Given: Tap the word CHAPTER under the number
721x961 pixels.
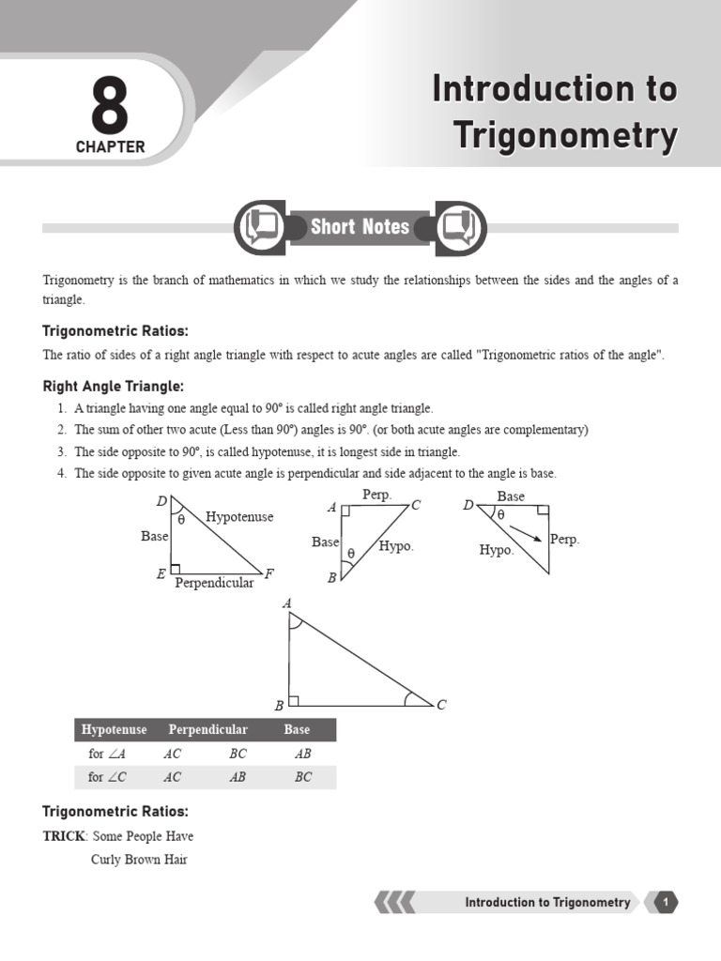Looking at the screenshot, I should click(x=110, y=147).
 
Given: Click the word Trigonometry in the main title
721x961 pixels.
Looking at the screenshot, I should click(x=566, y=136).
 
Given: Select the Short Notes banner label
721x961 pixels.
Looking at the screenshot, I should click(x=360, y=227).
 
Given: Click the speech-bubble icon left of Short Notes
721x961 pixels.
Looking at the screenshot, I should click(x=260, y=227).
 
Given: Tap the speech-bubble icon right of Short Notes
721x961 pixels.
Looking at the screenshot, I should click(x=460, y=227).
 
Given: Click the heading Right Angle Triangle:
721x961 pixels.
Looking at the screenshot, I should click(x=114, y=387).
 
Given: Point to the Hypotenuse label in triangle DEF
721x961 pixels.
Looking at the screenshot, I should click(x=239, y=517).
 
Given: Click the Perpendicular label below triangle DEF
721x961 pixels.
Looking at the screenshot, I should click(x=214, y=583).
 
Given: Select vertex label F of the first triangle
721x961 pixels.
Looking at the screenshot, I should click(x=269, y=573).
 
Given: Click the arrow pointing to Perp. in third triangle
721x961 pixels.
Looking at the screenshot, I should click(x=527, y=533).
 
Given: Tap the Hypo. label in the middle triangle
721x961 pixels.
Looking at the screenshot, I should click(x=396, y=545).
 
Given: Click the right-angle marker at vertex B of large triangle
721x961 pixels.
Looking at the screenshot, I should click(x=294, y=700).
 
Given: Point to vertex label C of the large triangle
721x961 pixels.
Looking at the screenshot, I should click(x=441, y=705).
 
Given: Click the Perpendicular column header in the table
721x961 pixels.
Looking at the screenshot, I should click(x=207, y=729).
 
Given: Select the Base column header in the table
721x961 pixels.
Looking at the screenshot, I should click(x=297, y=729).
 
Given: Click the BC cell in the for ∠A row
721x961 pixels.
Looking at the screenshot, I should click(x=238, y=753).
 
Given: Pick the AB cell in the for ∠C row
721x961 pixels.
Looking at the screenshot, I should click(x=238, y=777).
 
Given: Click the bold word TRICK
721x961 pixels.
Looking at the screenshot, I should click(x=64, y=835).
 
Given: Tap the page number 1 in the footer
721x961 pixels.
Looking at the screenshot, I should click(x=665, y=903).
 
